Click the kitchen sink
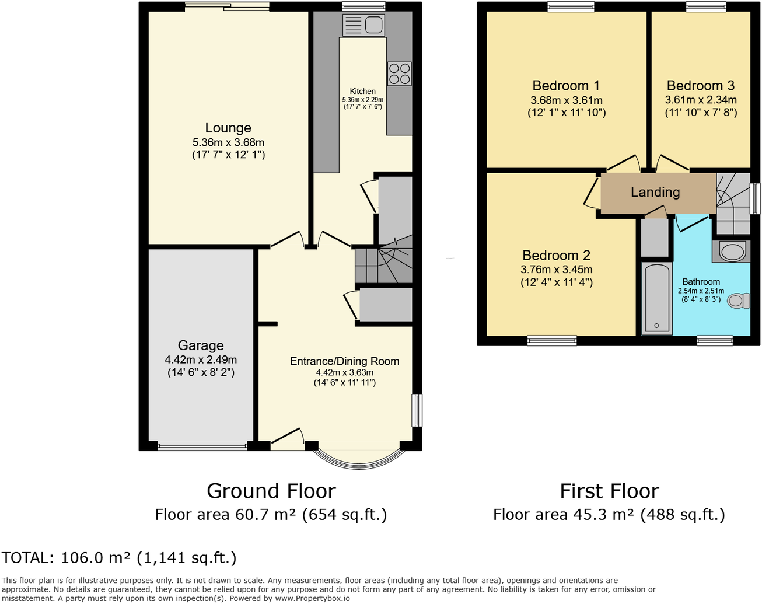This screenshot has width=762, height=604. click(x=363, y=25)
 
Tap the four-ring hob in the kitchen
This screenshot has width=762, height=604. click(x=400, y=74)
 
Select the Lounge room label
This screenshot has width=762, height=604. click(x=228, y=128)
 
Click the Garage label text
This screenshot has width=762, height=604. click(x=201, y=345)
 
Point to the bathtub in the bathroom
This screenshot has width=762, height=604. click(x=657, y=298)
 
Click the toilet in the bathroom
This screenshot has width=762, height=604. click(x=739, y=301)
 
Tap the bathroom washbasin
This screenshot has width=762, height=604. click(x=731, y=252)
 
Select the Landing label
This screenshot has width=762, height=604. click(x=655, y=192)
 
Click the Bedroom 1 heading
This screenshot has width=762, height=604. click(x=566, y=86)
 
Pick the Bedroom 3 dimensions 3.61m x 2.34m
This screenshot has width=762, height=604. click(x=701, y=100)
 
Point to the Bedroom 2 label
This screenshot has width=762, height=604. click(x=556, y=255)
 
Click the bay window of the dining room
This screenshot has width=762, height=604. click(x=359, y=459)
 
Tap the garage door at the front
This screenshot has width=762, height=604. click(x=202, y=448)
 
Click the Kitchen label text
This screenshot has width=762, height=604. click(x=362, y=91)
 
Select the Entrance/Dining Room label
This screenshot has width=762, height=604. click(x=344, y=361)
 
